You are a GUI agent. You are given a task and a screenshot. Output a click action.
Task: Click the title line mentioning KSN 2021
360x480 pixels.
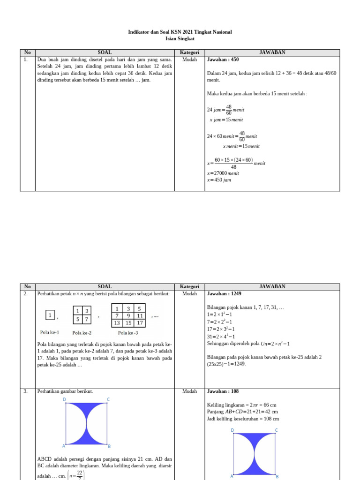(x=180, y=32)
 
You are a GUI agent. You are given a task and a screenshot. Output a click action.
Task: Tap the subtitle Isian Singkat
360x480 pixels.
(x=180, y=39)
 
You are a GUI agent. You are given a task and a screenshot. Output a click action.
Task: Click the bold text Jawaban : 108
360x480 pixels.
(x=223, y=391)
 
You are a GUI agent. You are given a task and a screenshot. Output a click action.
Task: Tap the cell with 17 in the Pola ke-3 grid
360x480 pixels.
(x=139, y=323)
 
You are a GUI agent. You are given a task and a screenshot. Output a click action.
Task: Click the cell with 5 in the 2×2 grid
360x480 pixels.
(x=77, y=319)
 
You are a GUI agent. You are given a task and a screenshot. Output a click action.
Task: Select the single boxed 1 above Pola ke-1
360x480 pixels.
(x=50, y=315)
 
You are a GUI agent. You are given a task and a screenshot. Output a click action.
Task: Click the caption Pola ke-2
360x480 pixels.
(x=82, y=333)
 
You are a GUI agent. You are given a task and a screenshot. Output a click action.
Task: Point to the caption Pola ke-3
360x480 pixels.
(x=128, y=333)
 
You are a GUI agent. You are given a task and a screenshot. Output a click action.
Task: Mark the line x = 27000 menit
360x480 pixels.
(x=223, y=173)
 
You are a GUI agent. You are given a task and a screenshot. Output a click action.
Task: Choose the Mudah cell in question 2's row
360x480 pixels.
(x=189, y=294)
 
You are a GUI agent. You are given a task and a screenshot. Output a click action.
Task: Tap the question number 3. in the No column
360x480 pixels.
(x=26, y=391)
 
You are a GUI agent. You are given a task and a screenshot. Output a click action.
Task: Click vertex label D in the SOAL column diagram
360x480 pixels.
(x=65, y=399)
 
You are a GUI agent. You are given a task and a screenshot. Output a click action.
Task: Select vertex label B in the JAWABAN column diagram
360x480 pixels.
(x=277, y=476)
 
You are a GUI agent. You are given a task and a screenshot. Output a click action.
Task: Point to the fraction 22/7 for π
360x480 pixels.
(x=80, y=475)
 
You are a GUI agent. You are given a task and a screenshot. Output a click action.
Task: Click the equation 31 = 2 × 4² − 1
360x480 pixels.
(x=226, y=337)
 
